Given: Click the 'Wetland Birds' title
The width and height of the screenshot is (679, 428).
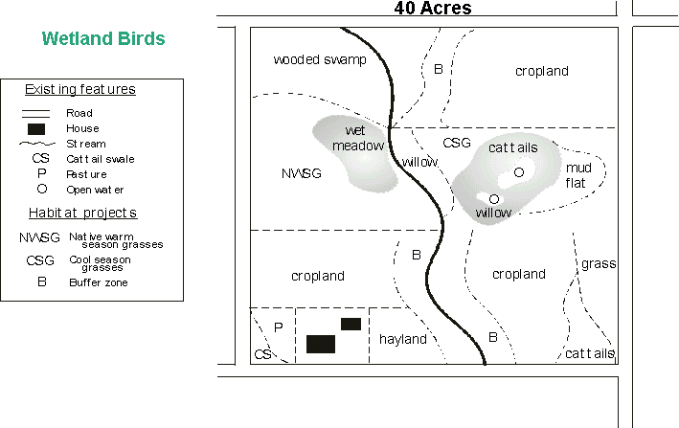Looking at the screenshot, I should tap(103, 39).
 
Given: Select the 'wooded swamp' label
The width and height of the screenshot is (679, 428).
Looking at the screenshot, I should tap(320, 59).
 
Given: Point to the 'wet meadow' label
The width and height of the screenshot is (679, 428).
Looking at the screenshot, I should tap(357, 139).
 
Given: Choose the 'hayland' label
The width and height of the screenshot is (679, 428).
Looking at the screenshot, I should tap(403, 339).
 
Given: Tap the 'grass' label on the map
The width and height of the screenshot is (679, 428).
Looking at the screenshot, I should tap(599, 263).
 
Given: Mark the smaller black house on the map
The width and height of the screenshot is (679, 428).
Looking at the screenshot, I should tap(351, 324).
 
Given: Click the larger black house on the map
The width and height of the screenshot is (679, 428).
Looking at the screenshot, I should tap(321, 344).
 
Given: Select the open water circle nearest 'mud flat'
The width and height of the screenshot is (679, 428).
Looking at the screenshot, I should tap(518, 172).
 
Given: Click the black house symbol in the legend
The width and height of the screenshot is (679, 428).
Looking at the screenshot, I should tap(36, 128).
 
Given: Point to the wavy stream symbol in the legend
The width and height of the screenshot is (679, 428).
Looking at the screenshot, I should tap(36, 144).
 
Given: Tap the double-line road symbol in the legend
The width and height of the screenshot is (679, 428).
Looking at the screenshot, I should tap(36, 113).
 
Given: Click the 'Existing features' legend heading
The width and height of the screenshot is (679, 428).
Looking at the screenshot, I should tap(79, 90).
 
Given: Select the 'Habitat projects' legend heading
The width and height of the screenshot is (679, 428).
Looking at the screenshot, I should tap(79, 212).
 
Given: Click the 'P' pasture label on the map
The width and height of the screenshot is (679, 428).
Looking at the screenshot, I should tap(278, 327).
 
